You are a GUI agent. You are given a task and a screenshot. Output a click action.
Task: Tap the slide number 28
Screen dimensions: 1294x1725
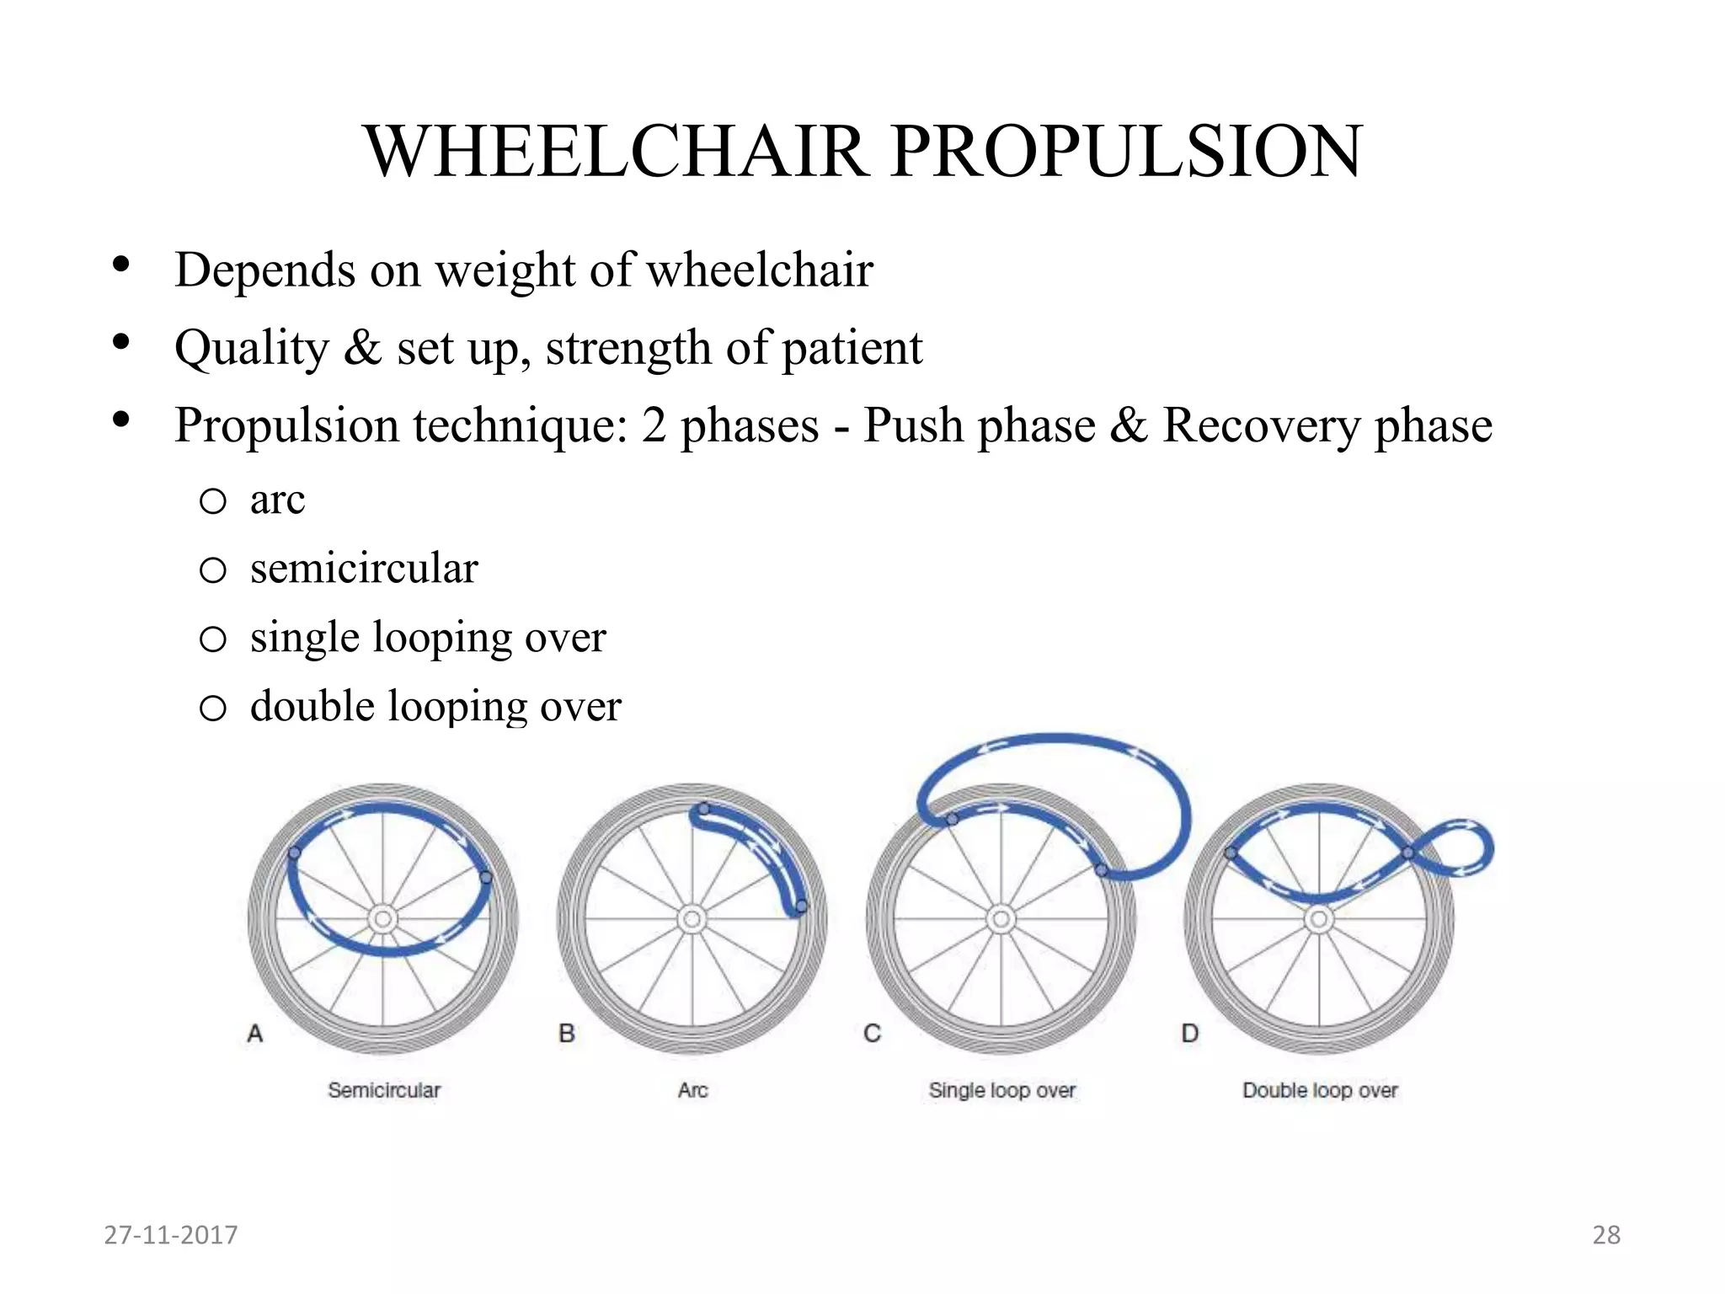point(1606,1235)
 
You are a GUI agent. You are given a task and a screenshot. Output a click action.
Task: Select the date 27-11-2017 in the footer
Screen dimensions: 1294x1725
point(171,1235)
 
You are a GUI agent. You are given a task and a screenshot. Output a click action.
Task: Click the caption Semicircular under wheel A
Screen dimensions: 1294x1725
point(384,1090)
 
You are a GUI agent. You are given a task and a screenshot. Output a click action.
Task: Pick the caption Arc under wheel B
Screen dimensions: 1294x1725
point(692,1090)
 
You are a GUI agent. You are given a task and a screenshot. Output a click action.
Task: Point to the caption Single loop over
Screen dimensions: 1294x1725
point(1001,1090)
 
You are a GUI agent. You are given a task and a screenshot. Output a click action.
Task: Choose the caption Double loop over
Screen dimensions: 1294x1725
point(1320,1090)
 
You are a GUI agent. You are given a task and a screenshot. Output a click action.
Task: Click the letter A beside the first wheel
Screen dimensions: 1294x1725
point(255,1033)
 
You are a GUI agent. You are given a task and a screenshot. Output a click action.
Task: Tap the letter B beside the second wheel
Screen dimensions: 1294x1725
point(567,1033)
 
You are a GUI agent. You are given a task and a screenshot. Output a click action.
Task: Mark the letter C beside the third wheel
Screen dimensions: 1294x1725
point(872,1033)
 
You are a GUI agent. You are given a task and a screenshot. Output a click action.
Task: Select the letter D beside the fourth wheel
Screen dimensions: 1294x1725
point(1190,1033)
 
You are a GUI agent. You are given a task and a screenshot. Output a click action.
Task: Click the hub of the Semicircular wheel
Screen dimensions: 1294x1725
point(383,918)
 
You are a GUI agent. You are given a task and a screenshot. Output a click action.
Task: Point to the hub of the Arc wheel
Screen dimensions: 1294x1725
point(692,918)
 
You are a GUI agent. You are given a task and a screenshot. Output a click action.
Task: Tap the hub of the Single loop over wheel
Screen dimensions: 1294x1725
point(1001,918)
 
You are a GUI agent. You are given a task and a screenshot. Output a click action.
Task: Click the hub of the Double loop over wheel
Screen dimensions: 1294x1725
point(1319,918)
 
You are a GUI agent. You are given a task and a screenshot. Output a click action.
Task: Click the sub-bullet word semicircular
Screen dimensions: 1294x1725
point(364,569)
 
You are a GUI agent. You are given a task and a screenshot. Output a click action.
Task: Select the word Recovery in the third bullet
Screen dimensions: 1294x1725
point(1261,425)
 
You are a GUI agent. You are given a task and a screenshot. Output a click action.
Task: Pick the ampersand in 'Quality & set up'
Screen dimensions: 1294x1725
point(362,348)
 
